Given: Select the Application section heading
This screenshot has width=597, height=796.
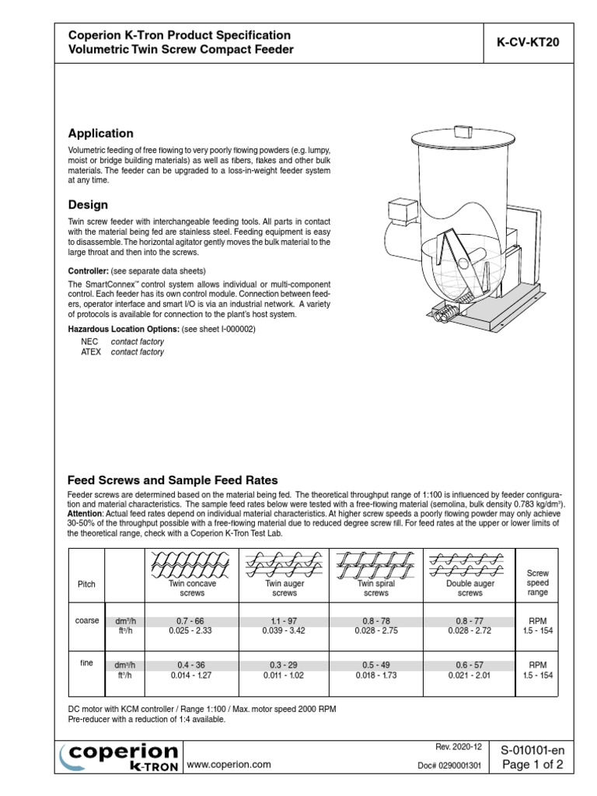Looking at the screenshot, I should (x=100, y=133).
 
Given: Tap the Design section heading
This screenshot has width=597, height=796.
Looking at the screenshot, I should (x=88, y=204).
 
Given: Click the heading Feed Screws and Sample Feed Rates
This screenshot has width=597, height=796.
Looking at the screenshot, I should (x=173, y=480).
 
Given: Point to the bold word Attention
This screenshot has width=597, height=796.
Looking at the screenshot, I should (x=86, y=515).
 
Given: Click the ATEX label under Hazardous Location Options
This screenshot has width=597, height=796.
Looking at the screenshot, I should (x=91, y=352).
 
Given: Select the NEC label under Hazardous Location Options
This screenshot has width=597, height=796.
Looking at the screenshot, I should (x=89, y=341).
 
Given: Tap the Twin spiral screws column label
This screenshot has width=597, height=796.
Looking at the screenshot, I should (x=376, y=588).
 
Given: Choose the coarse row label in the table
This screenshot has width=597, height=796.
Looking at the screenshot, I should (x=86, y=620).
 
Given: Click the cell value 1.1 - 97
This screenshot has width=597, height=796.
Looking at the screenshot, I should (x=284, y=621).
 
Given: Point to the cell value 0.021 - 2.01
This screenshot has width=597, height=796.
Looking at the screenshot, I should (x=470, y=676).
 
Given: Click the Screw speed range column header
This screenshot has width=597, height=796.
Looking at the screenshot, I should (x=538, y=582).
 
